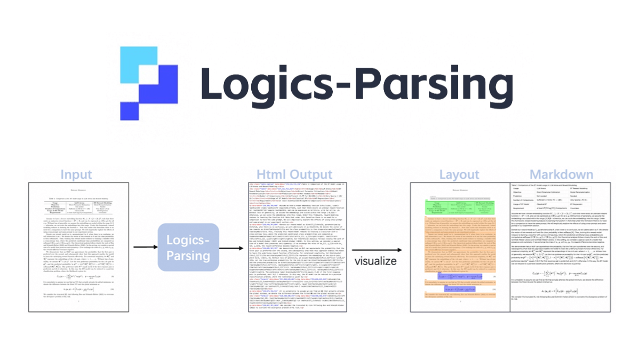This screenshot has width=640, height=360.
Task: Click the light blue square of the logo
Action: coord(138,65)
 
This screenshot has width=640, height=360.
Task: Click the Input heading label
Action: coord(76,174)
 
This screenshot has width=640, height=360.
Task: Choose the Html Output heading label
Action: coord(294,174)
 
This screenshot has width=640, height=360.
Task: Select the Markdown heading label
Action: coord(561,174)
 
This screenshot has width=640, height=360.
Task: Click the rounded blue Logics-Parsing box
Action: coord(189,247)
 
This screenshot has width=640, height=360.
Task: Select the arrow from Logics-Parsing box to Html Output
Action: coord(231,247)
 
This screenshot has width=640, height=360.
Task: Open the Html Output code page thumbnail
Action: coord(294,247)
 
